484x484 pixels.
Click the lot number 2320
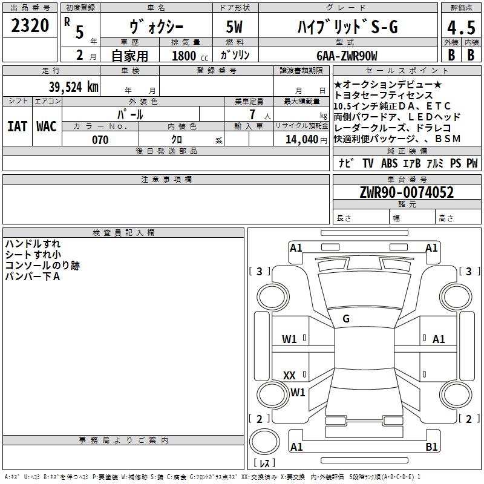(30, 25)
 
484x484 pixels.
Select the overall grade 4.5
(461, 27)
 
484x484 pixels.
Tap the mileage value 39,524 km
(73, 87)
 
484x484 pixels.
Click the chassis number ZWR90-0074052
(407, 192)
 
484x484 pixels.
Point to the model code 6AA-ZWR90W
(347, 56)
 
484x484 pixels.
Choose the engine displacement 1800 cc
(190, 56)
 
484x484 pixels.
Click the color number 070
(100, 140)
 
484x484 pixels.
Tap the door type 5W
(234, 27)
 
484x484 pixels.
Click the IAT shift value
(17, 126)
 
